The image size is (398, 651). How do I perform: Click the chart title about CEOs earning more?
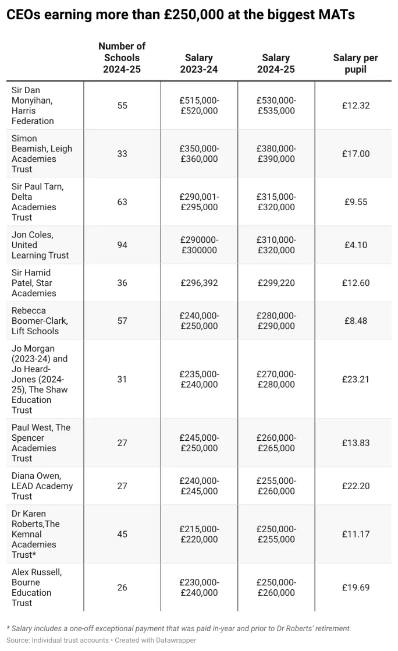[180, 15]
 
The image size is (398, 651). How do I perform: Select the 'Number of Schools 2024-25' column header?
[122, 58]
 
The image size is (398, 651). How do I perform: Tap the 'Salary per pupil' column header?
[356, 63]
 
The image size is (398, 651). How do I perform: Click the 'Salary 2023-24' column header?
[199, 63]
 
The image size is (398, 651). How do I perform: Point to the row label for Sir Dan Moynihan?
[33, 105]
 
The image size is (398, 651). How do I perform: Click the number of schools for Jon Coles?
[122, 245]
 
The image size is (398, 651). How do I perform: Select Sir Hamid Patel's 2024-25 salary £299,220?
[276, 283]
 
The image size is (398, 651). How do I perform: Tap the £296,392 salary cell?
[199, 283]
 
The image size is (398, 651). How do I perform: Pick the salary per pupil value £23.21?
[356, 379]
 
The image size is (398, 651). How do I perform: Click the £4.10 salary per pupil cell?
[356, 245]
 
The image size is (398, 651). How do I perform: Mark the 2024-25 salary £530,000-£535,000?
[276, 105]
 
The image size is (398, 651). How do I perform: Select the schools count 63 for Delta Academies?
[122, 202]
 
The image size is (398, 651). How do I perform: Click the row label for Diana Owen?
[42, 486]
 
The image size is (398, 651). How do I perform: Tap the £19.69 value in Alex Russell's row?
[356, 588]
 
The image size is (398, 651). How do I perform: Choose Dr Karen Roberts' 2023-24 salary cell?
[199, 534]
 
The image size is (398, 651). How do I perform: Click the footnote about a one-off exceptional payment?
[179, 628]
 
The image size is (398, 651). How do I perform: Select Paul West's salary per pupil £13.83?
[356, 443]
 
